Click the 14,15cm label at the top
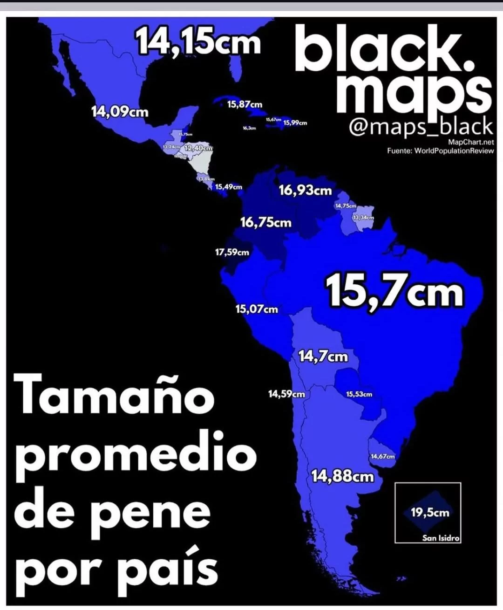click(x=197, y=42)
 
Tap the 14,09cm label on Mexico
click(x=120, y=112)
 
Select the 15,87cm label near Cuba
click(x=245, y=104)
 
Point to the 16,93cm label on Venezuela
click(x=305, y=190)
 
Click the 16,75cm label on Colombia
click(x=265, y=222)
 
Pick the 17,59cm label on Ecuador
click(x=232, y=252)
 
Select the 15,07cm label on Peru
click(x=257, y=309)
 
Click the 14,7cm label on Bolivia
click(x=323, y=356)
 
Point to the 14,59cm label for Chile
click(x=286, y=394)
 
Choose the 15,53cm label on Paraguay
click(x=359, y=394)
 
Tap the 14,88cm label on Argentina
click(x=342, y=476)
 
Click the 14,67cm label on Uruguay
click(x=382, y=456)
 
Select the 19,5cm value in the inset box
click(x=430, y=513)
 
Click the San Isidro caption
click(x=441, y=538)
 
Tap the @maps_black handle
click(x=421, y=127)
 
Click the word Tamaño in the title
click(x=115, y=396)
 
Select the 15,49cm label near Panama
click(x=229, y=187)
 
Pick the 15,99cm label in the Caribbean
click(x=295, y=123)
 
